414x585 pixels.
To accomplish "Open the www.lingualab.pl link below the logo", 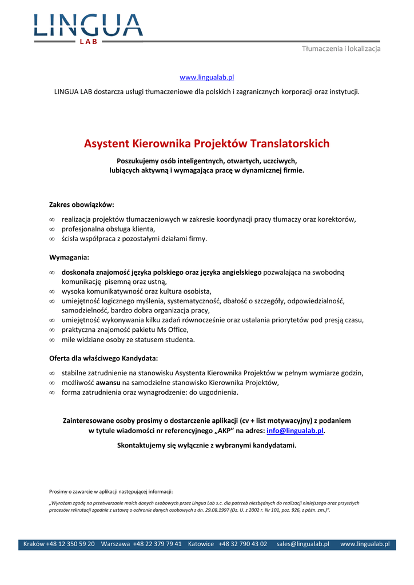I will (207, 77).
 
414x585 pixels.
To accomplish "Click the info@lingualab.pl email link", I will (295, 431).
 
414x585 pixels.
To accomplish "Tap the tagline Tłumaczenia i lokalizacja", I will (341, 49).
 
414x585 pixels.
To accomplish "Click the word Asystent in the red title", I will (107, 143).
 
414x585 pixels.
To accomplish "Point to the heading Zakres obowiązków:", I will (82, 204).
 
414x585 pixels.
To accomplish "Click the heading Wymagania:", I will (69, 257).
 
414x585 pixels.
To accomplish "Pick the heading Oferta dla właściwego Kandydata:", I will (103, 358).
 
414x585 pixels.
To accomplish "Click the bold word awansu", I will (108, 383).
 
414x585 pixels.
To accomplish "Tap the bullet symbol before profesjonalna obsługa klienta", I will (52, 229).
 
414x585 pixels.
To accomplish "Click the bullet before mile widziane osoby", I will (52, 340).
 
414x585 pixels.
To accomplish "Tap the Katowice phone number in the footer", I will (242, 544).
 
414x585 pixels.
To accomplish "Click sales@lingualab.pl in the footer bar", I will (302, 544).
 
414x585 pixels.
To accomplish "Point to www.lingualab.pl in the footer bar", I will (365, 544).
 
